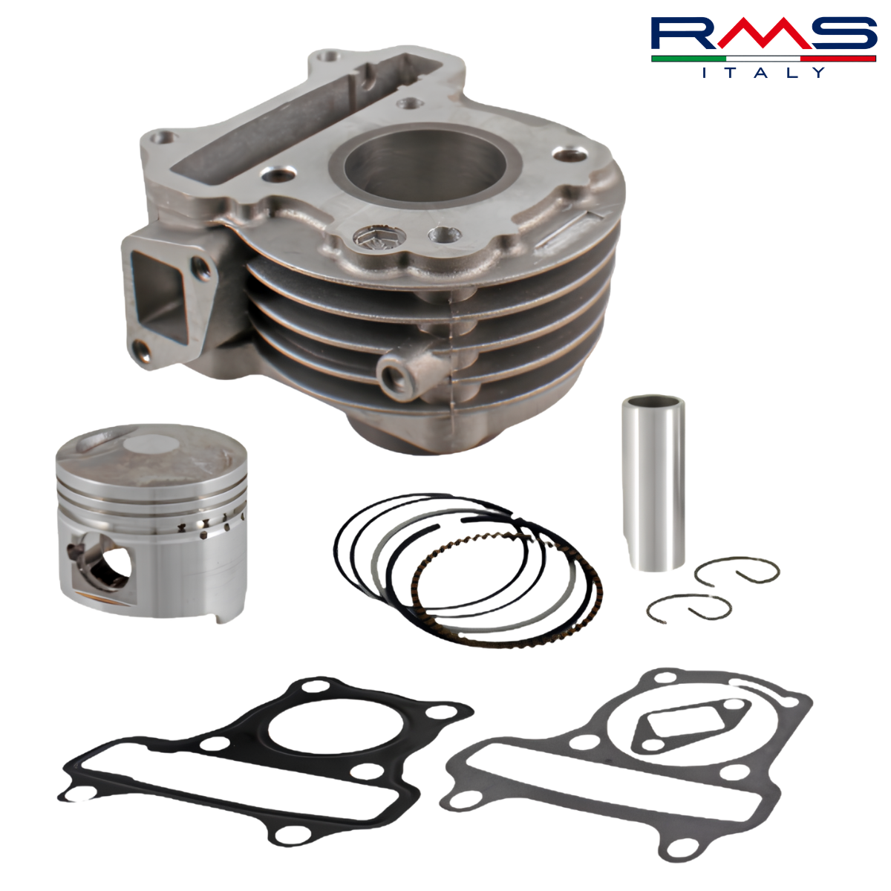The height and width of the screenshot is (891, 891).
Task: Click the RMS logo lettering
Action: click(763, 33)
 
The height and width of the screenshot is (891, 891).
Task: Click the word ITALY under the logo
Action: click(763, 73)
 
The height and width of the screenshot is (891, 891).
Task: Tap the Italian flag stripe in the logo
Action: click(763, 59)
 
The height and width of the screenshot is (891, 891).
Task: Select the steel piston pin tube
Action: click(653, 483)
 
